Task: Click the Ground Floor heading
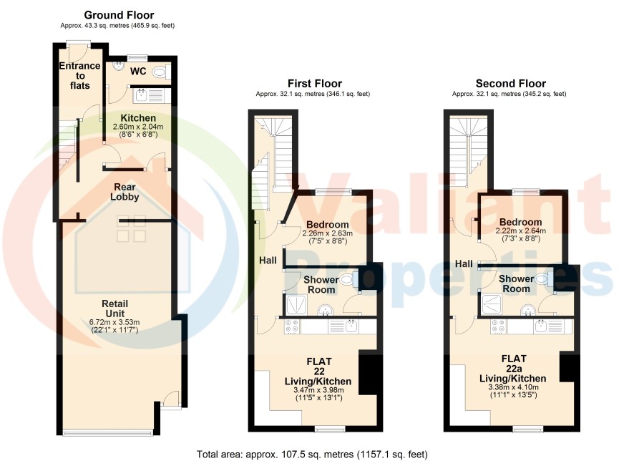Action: [x=119, y=15]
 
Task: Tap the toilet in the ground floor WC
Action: [x=161, y=72]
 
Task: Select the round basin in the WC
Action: [x=119, y=66]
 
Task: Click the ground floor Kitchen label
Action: [x=138, y=118]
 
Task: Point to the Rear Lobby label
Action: [x=125, y=192]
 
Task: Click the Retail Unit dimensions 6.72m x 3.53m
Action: [x=114, y=322]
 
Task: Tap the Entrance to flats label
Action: [x=79, y=76]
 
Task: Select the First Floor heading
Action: [x=315, y=84]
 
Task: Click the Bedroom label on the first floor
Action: [x=328, y=225]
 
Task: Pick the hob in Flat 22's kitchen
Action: [x=293, y=326]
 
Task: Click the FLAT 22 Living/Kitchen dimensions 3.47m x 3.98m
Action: [x=318, y=390]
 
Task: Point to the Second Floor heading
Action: [x=511, y=84]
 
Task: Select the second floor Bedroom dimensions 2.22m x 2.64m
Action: [x=521, y=231]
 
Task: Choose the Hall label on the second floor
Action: [x=464, y=263]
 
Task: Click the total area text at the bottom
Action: [x=312, y=454]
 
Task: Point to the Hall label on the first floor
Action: [x=268, y=261]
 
